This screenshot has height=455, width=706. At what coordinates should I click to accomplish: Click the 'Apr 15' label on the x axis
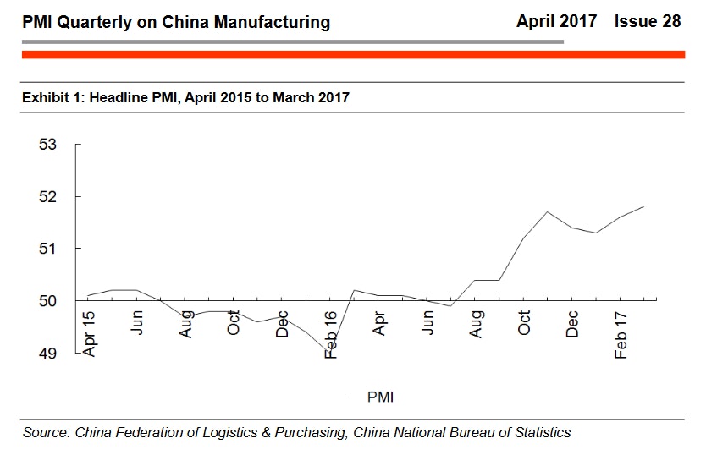click(90, 333)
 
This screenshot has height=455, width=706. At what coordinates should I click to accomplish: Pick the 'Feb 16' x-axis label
click(331, 335)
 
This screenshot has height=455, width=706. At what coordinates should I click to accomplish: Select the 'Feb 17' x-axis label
click(621, 335)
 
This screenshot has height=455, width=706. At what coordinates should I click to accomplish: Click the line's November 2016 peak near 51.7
click(547, 212)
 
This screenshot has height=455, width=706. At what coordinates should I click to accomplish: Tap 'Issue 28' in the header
click(648, 21)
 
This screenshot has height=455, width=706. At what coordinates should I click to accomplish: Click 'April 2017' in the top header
click(556, 21)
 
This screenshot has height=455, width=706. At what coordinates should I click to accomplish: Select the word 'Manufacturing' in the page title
click(273, 22)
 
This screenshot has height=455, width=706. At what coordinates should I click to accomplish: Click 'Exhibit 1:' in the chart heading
click(53, 97)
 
